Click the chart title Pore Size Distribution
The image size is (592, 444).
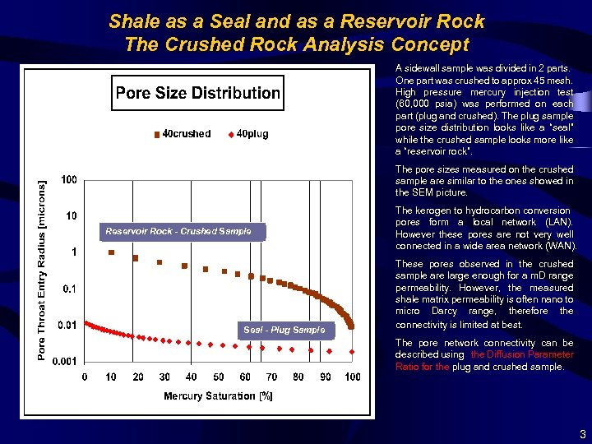click(197, 93)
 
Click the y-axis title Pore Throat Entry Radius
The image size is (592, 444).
click(43, 271)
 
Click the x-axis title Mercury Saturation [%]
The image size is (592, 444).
click(218, 396)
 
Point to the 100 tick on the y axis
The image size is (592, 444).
click(69, 180)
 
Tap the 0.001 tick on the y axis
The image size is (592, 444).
click(66, 361)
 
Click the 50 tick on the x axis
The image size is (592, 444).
click(218, 377)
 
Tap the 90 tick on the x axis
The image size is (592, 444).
click(325, 377)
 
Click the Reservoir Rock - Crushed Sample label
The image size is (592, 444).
click(178, 232)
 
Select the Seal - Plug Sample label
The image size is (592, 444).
click(284, 330)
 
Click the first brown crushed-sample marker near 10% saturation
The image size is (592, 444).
click(112, 252)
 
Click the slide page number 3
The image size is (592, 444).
click(582, 433)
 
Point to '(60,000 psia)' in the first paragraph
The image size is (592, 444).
click(423, 104)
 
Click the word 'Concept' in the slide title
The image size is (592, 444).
click(428, 44)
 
